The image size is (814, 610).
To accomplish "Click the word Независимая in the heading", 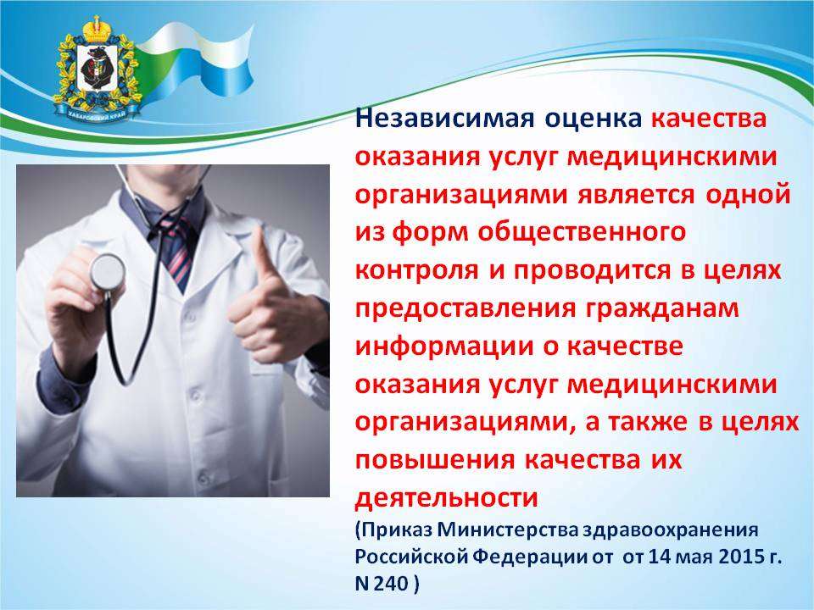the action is [x=445, y=118].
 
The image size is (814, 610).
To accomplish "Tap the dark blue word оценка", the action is [x=594, y=119].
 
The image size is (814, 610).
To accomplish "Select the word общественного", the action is [x=582, y=232].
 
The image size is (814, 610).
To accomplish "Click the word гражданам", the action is [x=662, y=308].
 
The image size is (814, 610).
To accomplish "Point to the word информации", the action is [x=444, y=347].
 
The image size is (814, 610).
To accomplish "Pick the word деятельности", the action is [x=447, y=498].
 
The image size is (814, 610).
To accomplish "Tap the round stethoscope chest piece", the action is [x=108, y=272].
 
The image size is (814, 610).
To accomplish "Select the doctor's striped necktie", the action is [x=176, y=249].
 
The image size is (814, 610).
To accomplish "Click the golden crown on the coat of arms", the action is [x=96, y=30].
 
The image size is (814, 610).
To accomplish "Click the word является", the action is [x=635, y=195].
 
